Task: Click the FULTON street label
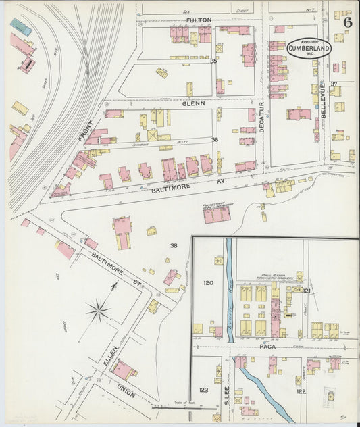199,20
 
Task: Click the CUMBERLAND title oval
309,47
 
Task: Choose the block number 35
214,61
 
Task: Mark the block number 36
215,139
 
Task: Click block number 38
174,245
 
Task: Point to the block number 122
301,391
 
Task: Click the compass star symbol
99,311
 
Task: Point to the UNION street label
127,391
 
